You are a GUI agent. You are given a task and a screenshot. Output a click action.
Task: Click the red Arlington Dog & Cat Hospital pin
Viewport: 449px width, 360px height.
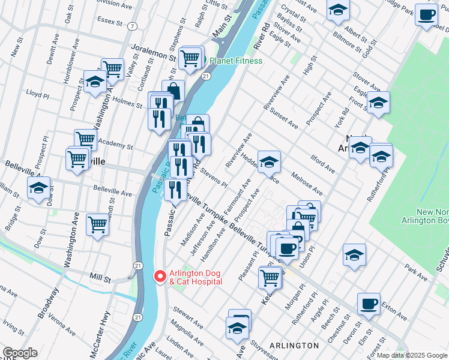click(160, 276)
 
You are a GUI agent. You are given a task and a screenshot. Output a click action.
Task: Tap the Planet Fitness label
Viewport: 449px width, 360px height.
click(235, 61)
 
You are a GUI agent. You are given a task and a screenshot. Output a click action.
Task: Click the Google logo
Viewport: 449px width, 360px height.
click(19, 353)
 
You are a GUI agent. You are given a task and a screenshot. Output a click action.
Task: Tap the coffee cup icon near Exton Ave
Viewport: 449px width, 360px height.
click(369, 303)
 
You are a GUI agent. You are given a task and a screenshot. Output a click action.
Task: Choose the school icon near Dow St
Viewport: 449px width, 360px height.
click(38, 188)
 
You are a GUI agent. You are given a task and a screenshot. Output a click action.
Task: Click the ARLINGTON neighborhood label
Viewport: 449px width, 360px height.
click(294, 346)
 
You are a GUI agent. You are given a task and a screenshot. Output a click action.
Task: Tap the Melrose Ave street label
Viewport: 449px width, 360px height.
click(307, 184)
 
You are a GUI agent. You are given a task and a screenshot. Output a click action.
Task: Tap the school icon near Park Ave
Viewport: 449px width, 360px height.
click(354, 254)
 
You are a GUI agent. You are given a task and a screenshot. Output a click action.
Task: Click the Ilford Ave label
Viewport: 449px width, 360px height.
click(323, 163)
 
